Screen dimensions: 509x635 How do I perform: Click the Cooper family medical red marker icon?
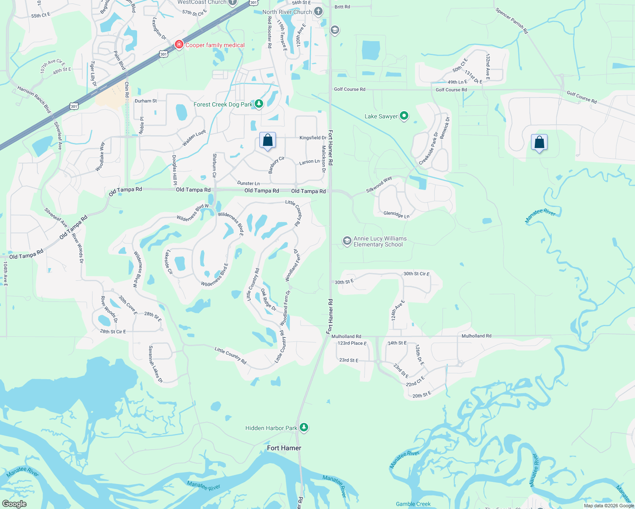[179, 45]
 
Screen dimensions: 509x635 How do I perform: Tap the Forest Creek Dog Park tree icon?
[258, 104]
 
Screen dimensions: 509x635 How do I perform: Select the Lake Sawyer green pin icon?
[404, 115]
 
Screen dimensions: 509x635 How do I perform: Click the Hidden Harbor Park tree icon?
[303, 427]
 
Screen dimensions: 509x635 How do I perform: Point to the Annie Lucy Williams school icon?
[347, 241]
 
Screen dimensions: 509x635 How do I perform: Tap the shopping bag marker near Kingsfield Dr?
[267, 140]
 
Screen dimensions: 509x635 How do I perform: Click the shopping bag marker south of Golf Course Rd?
[539, 143]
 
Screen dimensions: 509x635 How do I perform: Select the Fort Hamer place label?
[284, 448]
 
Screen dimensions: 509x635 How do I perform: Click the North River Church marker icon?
[318, 11]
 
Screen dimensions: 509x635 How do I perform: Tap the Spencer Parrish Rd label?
[511, 21]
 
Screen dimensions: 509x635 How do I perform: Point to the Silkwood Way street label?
[379, 185]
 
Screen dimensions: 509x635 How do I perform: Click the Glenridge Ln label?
[396, 215]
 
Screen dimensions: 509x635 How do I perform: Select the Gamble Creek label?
[413, 504]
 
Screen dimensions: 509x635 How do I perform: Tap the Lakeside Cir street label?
[169, 262]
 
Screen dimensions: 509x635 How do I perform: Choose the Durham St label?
[146, 101]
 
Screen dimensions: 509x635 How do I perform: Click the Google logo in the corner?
[14, 503]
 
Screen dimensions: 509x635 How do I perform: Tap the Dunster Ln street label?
[248, 183]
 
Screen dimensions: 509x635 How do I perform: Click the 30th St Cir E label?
[416, 274]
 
